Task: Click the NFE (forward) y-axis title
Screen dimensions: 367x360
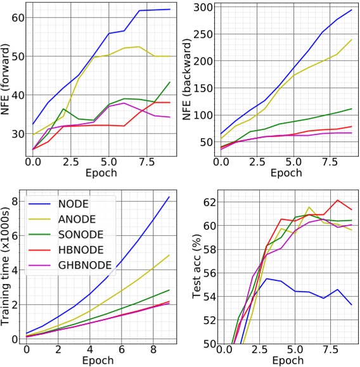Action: click(6, 80)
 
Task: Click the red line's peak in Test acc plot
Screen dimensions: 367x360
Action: click(338, 200)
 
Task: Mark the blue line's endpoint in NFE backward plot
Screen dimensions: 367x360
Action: click(351, 10)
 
